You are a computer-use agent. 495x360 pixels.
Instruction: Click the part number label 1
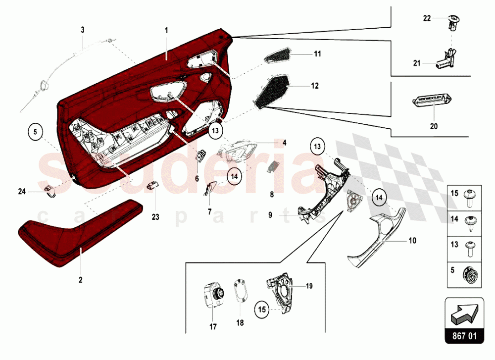point(166,30)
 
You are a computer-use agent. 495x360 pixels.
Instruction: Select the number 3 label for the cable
point(83,30)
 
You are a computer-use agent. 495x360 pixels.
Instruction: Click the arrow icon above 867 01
point(464,312)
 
